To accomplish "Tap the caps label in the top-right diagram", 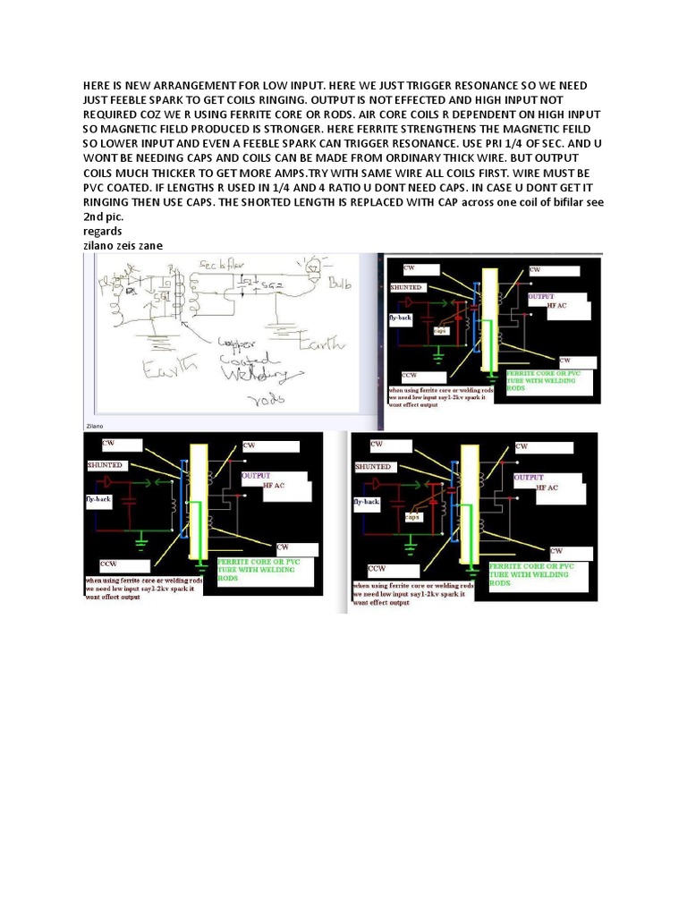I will click(x=440, y=330).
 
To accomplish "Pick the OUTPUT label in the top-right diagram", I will click(x=542, y=295).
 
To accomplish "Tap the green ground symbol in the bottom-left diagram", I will click(x=140, y=541).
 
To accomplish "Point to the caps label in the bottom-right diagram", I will click(x=412, y=516).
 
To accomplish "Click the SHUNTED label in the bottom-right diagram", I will click(x=372, y=466).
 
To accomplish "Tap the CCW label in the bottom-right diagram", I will click(x=377, y=568).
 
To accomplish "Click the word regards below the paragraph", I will click(x=104, y=230).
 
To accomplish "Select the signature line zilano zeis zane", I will click(x=124, y=244).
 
